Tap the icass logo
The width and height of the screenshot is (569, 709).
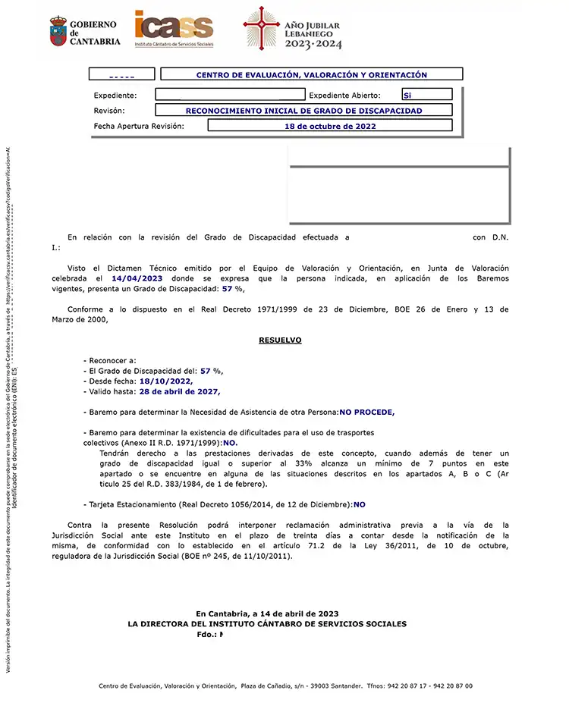(174, 28)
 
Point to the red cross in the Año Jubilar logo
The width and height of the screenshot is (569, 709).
(261, 29)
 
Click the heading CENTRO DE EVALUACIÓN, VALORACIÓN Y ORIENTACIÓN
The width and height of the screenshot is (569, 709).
(311, 75)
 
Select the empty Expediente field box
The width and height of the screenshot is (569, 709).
(229, 95)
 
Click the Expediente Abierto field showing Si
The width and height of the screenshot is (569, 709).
(427, 95)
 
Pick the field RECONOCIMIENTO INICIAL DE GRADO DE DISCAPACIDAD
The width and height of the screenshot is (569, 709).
(303, 111)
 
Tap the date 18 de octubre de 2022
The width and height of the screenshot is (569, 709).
(330, 126)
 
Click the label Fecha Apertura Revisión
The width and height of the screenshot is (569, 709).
(139, 126)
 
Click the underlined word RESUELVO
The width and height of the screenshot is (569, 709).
(280, 340)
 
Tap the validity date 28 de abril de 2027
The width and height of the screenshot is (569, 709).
(180, 392)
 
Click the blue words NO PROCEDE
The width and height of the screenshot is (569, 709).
(367, 412)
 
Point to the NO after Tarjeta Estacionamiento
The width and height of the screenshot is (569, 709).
(360, 504)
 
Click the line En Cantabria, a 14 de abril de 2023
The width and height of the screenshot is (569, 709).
(267, 613)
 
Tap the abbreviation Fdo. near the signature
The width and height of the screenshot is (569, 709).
(206, 635)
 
